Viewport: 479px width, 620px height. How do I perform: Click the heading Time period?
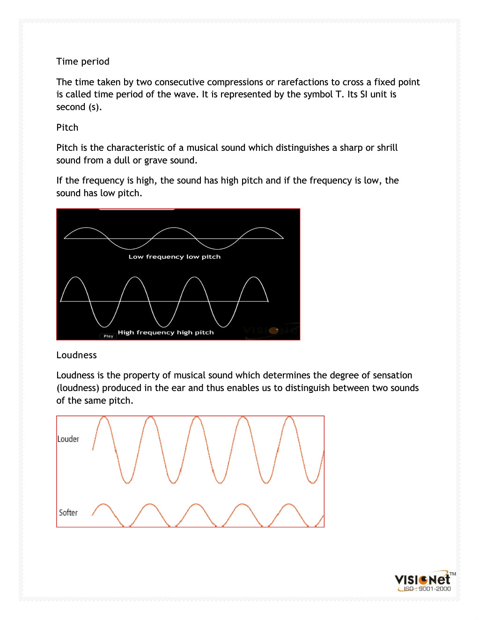pyautogui.click(x=83, y=62)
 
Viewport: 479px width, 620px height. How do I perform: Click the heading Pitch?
pyautogui.click(x=67, y=128)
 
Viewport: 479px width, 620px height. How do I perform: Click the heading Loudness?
pyautogui.click(x=76, y=355)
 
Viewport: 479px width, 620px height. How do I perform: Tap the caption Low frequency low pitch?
pyautogui.click(x=174, y=257)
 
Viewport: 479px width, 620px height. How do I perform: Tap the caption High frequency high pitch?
pyautogui.click(x=166, y=332)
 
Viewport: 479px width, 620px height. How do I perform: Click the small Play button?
pyautogui.click(x=108, y=336)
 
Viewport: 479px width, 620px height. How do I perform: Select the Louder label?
pyautogui.click(x=68, y=439)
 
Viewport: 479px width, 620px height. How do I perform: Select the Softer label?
pyautogui.click(x=68, y=513)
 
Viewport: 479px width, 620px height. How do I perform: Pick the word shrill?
pyautogui.click(x=387, y=148)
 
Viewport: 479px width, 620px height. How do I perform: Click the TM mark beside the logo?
pyautogui.click(x=453, y=574)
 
